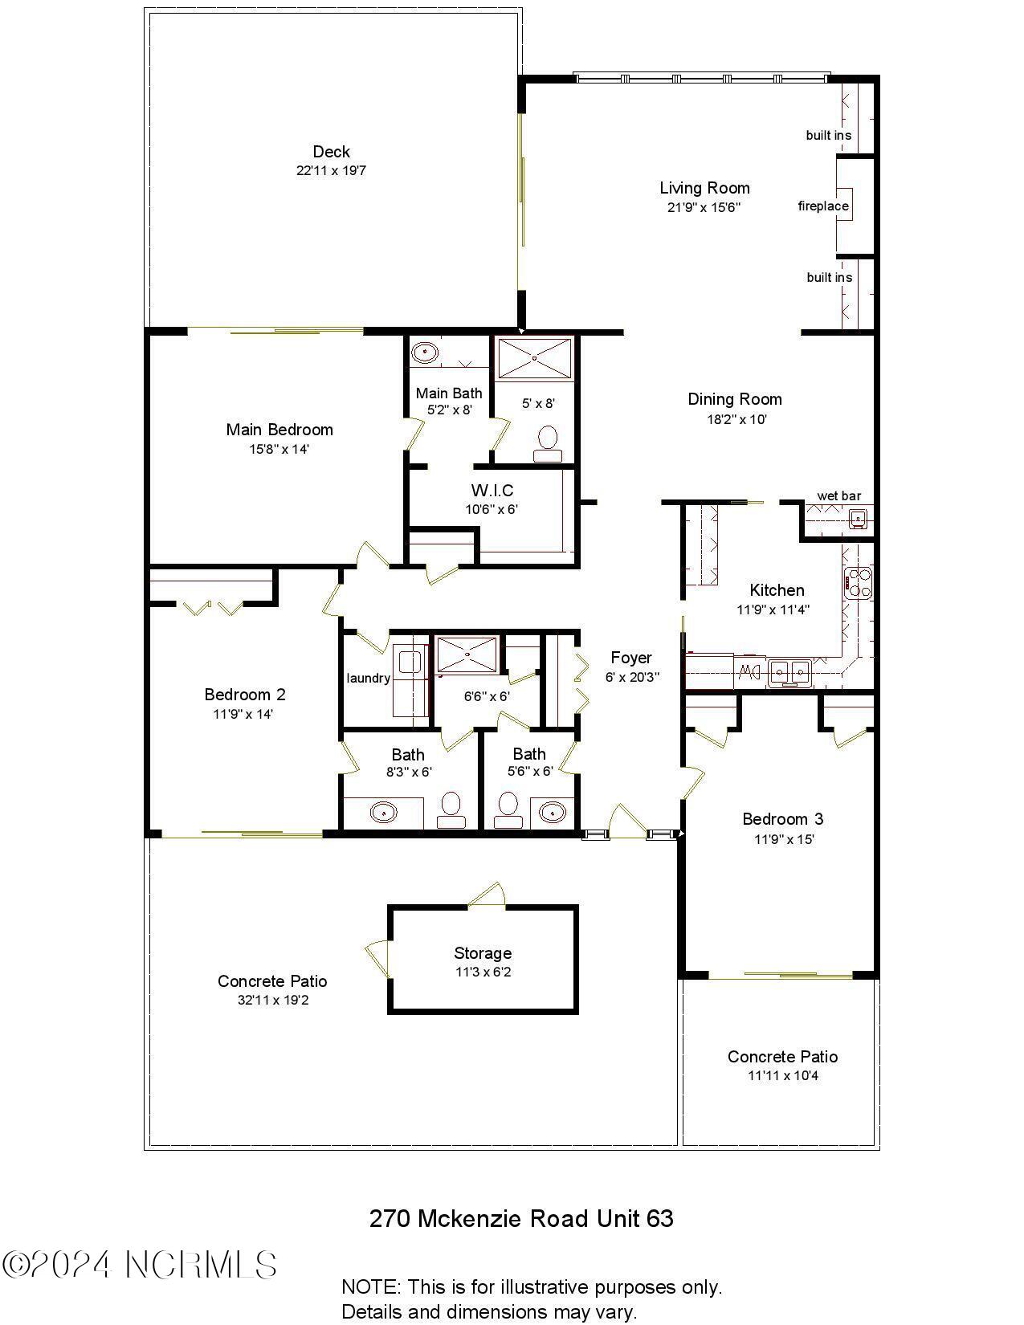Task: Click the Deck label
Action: click(331, 152)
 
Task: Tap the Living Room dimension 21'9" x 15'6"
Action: click(704, 207)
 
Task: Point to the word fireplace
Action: click(822, 206)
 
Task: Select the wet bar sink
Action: click(859, 519)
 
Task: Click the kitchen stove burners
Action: click(858, 582)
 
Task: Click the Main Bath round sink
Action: click(423, 352)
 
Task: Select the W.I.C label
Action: click(492, 490)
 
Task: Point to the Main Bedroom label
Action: click(279, 430)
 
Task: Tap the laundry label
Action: click(368, 678)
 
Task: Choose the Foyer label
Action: click(631, 658)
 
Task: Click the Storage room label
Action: click(482, 953)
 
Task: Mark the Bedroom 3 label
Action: click(782, 819)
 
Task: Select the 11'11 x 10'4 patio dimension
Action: click(782, 1076)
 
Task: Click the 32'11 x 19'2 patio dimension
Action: click(272, 1001)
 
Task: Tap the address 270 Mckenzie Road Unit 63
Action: click(520, 1218)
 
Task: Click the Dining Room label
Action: click(734, 399)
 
